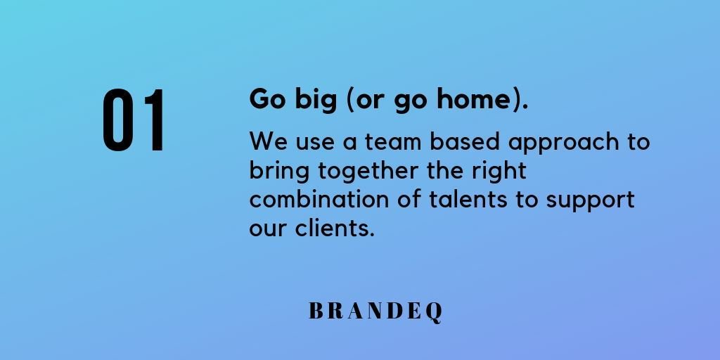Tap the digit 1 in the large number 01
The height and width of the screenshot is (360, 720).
[x=153, y=121]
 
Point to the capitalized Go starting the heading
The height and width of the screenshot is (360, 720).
[x=265, y=100]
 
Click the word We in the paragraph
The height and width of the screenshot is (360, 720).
[x=267, y=141]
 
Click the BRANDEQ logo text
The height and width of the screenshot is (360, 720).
[x=376, y=311]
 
